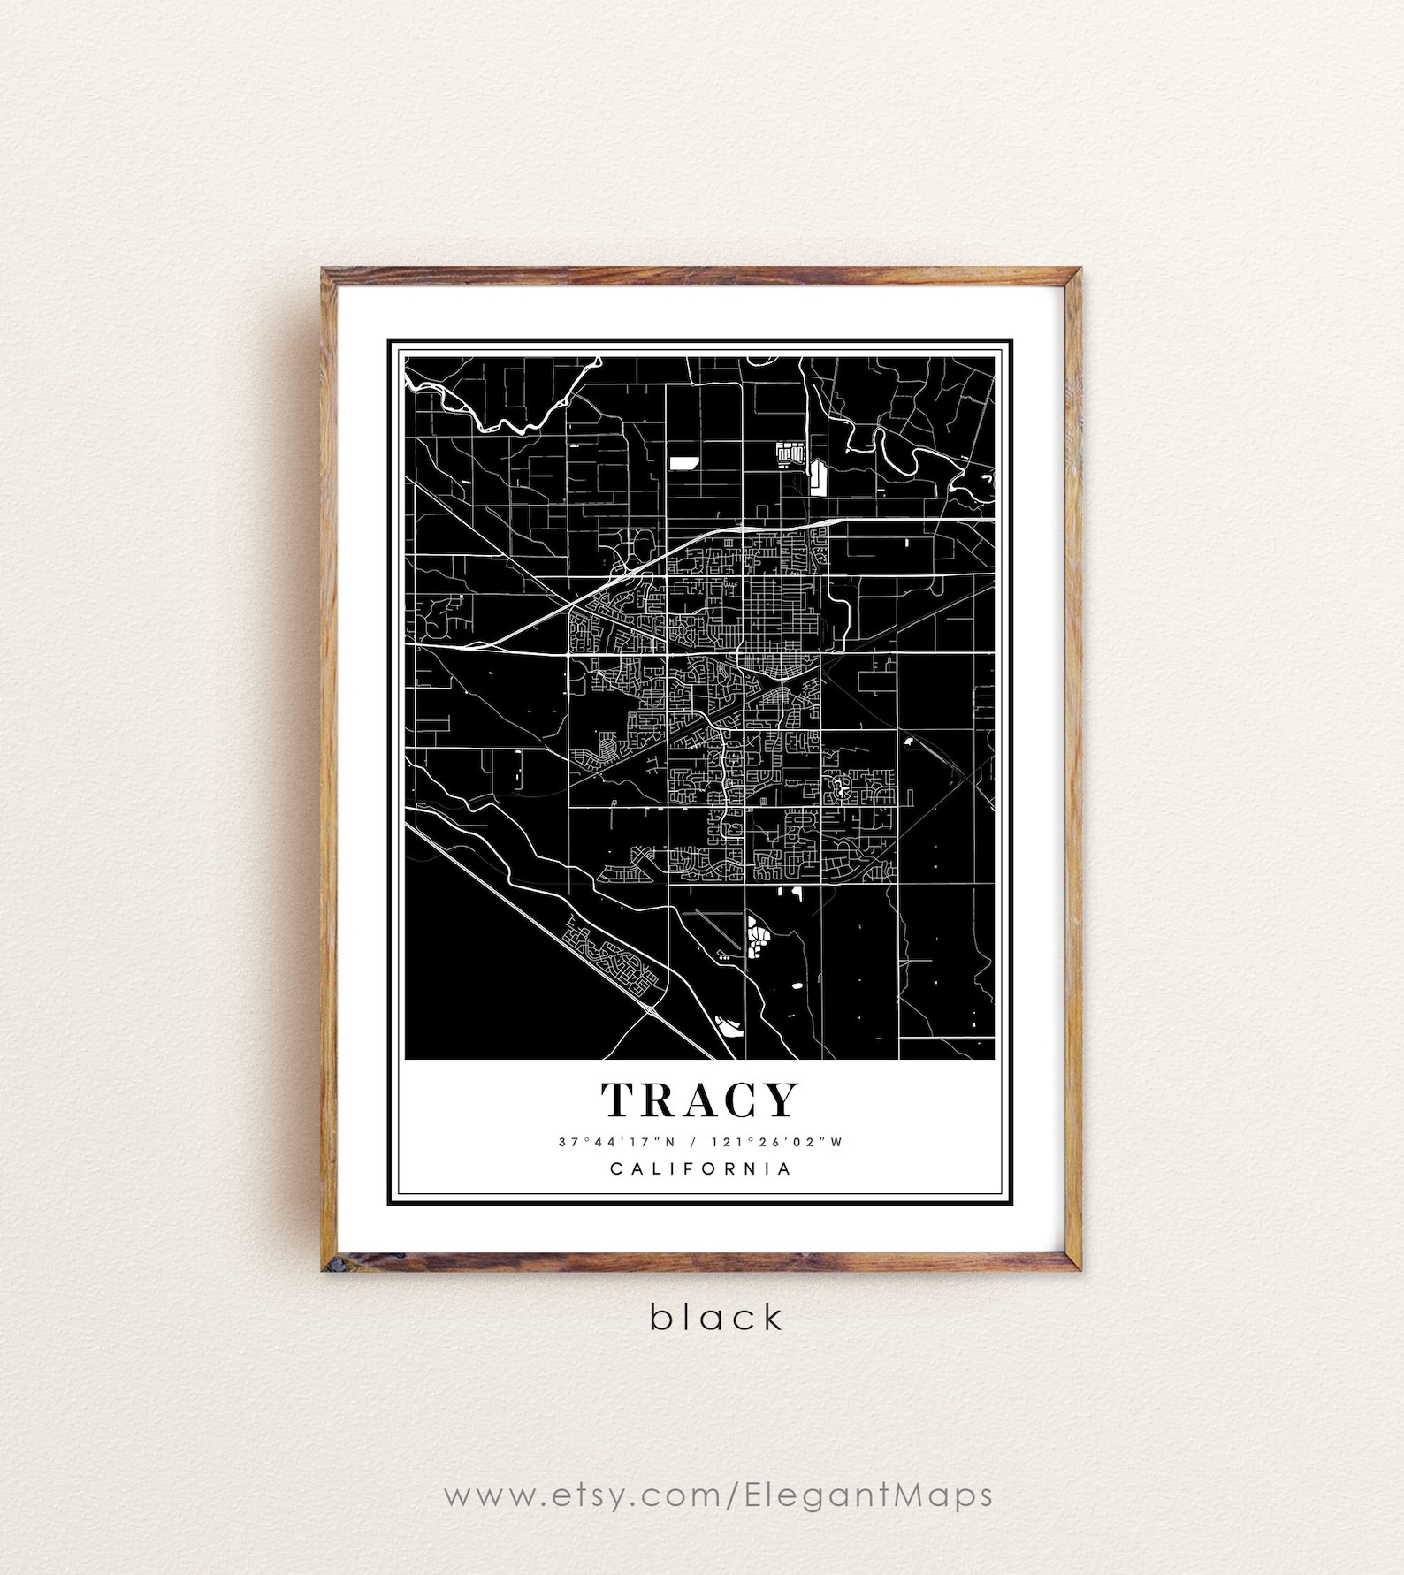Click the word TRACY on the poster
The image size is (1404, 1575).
(700, 1100)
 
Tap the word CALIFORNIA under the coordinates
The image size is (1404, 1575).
(700, 1168)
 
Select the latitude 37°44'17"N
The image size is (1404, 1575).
(609, 1142)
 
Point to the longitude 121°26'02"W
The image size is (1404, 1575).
(783, 1142)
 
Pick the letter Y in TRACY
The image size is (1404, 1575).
(781, 1100)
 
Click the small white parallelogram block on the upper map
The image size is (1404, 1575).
(683, 461)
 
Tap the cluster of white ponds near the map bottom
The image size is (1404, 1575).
(757, 937)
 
